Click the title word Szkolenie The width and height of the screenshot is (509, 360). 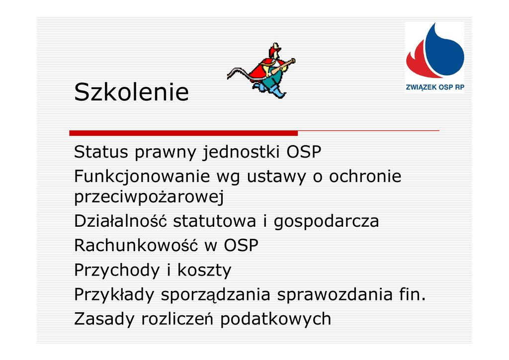point(131,92)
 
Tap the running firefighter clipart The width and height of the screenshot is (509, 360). point(261,71)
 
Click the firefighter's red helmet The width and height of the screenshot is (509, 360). point(274,50)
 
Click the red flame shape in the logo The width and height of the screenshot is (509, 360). point(419,62)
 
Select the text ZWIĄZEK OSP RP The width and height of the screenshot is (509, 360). point(435,88)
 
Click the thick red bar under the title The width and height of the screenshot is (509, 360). point(183,133)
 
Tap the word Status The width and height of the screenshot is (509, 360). point(101,152)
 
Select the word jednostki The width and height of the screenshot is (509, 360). point(241,152)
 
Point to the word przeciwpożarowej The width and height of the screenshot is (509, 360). point(149,197)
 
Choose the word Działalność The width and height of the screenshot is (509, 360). point(120,221)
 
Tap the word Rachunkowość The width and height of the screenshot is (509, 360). point(136,245)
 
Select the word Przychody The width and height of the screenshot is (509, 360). point(117,270)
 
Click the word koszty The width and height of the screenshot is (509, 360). point(204,270)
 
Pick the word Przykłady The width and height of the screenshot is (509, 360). point(114,295)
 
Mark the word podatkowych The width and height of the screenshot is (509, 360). point(275,319)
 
